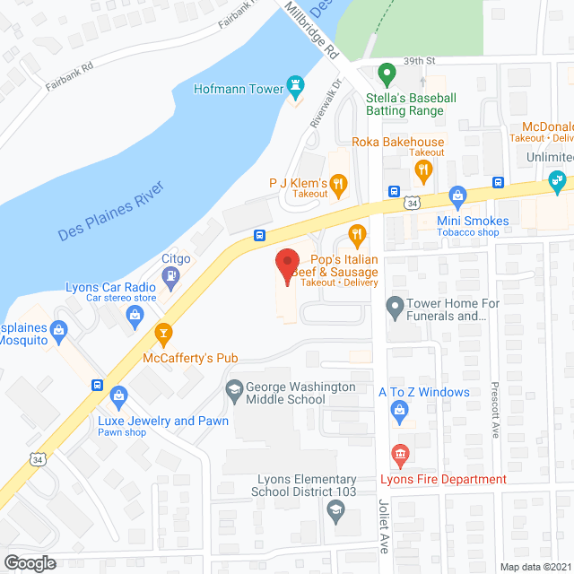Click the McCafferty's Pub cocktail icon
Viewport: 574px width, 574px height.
point(163,335)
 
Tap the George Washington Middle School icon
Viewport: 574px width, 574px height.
point(234,390)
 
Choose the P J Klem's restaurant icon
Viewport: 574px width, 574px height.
point(338,187)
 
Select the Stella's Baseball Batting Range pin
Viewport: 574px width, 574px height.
point(387,73)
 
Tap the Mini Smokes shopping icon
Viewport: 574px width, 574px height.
point(457,196)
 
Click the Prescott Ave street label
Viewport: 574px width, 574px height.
point(493,412)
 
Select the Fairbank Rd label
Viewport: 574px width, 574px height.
point(69,80)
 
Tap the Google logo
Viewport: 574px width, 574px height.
point(30,563)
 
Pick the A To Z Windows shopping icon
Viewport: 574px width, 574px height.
point(400,412)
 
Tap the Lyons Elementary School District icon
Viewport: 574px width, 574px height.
point(335,511)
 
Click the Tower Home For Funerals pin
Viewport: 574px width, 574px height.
point(394,310)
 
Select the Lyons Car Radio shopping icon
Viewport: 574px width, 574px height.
point(135,313)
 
